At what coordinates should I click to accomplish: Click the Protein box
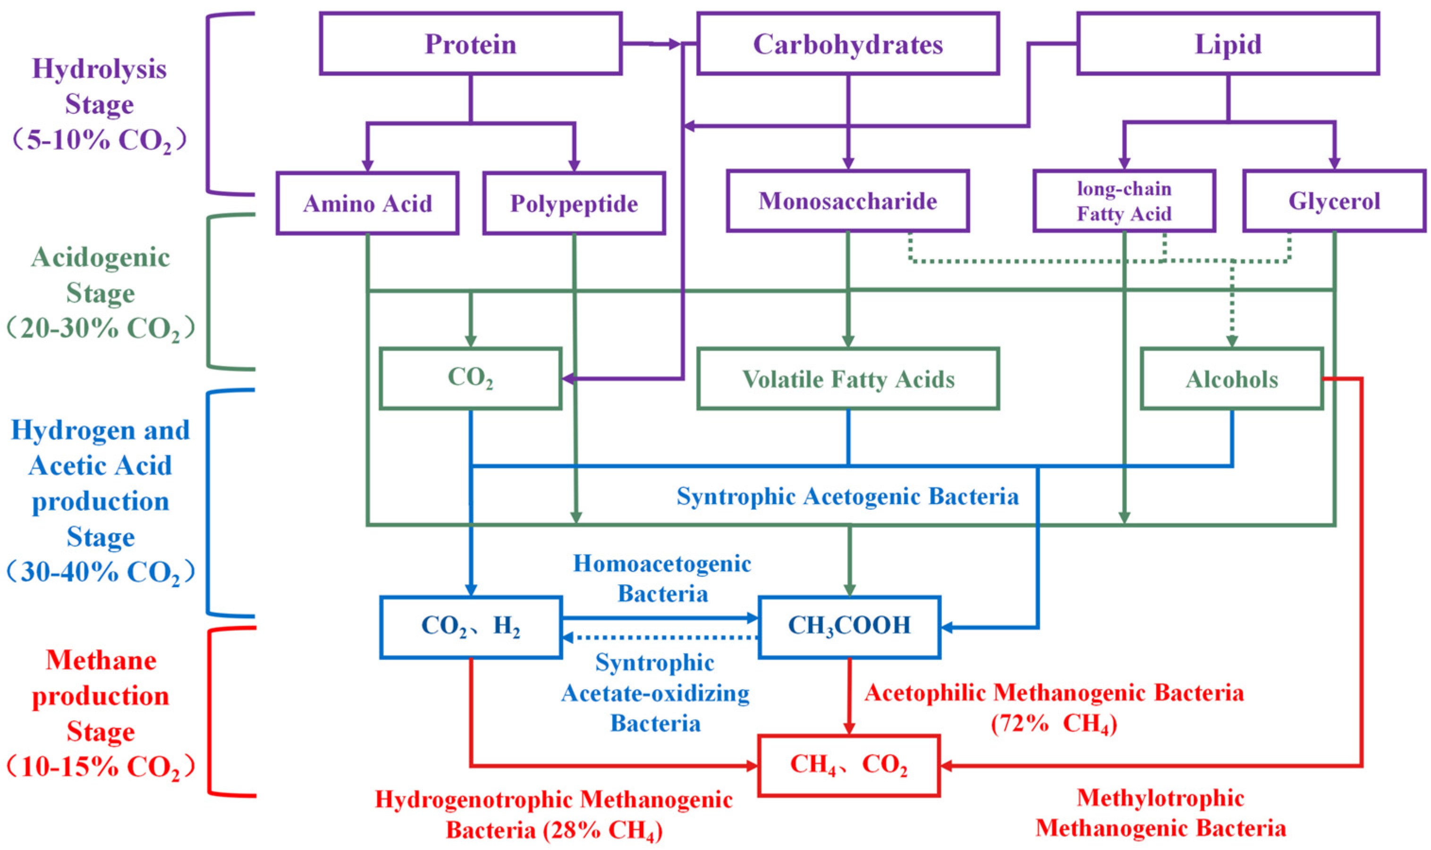tap(470, 44)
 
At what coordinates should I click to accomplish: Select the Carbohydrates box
tap(848, 44)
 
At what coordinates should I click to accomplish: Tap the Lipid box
tap(1228, 44)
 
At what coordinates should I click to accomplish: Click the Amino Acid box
tap(367, 203)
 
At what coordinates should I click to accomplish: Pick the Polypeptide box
tap(574, 203)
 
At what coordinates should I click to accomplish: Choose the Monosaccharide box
tap(848, 201)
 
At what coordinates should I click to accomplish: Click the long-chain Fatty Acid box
tap(1124, 201)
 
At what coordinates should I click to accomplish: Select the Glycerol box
tap(1334, 201)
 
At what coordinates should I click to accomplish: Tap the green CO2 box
tap(470, 378)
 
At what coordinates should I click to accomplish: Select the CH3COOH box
tap(849, 626)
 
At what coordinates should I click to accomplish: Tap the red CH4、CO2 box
tap(848, 765)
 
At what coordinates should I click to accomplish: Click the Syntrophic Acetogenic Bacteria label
tap(847, 497)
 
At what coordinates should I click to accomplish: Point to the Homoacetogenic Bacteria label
tap(662, 579)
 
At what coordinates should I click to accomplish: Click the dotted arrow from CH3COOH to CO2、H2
tap(659, 638)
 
